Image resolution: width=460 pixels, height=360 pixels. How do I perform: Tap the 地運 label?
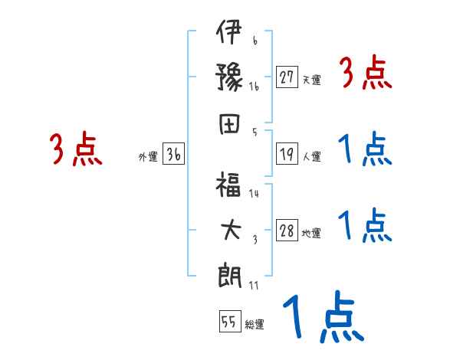tap(311, 233)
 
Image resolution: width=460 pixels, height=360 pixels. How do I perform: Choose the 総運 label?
tap(255, 324)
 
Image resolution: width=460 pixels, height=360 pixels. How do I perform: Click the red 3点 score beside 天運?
tap(366, 74)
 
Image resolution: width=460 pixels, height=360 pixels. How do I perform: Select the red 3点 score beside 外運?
tap(75, 149)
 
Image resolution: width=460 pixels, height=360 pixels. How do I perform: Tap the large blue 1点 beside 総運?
tap(322, 317)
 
